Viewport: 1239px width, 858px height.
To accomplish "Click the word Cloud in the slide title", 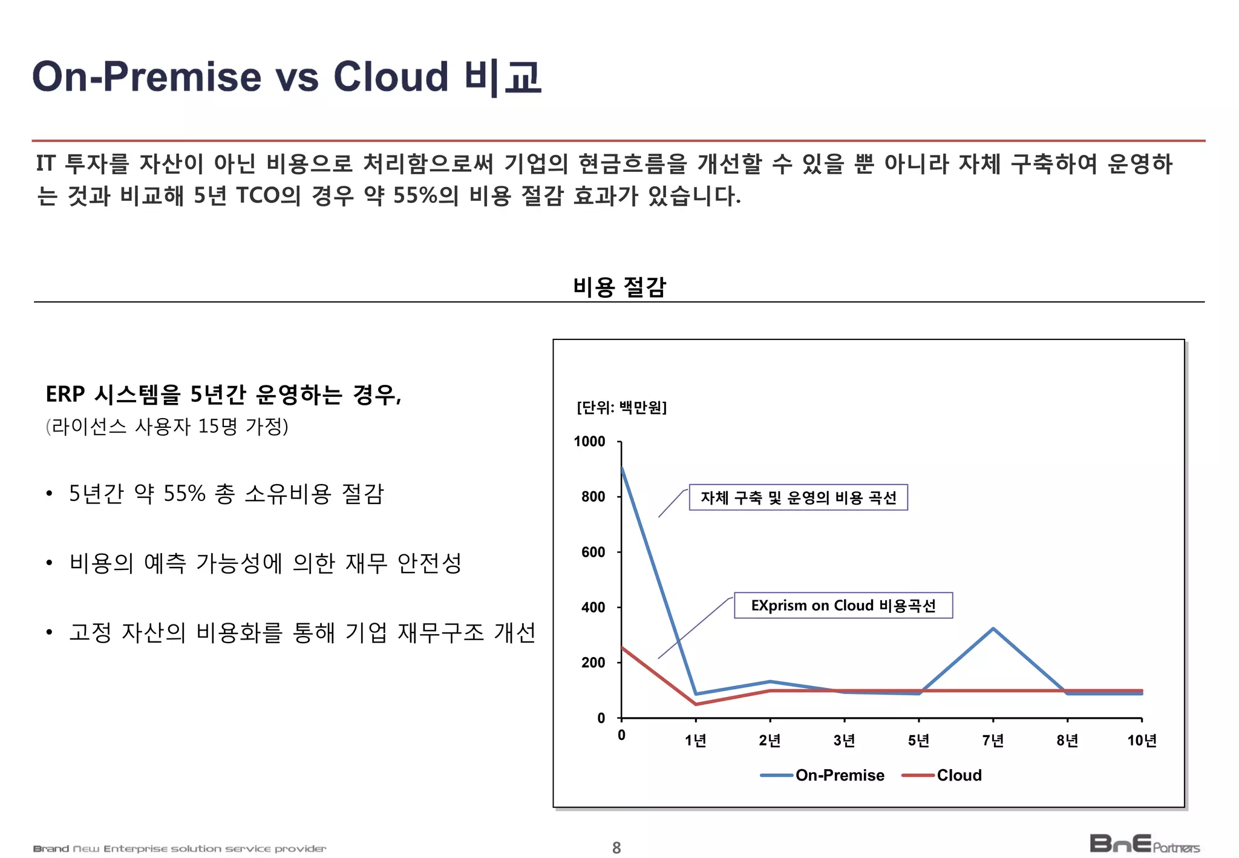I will coord(390,77).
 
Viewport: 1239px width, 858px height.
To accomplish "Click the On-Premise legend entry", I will coord(823,775).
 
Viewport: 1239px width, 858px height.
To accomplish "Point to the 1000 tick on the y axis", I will coord(589,442).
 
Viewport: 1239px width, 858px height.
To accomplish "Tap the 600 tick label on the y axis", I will coord(593,552).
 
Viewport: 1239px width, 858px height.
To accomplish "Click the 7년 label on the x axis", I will coord(993,740).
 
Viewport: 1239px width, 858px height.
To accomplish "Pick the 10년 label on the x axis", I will coord(1142,740).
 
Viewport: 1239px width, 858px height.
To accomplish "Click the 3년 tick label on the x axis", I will coord(844,740).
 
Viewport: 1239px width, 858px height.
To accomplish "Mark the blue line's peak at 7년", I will coord(993,629).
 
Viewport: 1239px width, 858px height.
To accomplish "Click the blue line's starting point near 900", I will coord(622,468).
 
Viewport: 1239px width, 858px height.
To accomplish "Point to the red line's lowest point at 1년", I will coord(696,704).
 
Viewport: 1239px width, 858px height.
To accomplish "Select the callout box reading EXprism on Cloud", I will coord(843,606).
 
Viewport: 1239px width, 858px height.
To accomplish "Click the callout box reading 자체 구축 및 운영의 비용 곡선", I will coord(798,497).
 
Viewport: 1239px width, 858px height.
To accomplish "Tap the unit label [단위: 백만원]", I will coord(621,407).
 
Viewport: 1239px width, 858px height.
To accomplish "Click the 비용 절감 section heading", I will coord(619,286).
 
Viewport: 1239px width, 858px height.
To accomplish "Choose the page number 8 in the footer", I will coord(616,848).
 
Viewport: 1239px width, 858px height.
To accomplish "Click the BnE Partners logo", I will coord(1144,843).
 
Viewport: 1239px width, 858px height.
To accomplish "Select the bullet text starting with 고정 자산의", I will coord(302,632).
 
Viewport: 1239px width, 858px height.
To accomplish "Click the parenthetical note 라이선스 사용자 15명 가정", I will coord(167,427).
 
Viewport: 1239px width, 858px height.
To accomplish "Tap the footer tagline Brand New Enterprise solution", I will coord(180,849).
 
